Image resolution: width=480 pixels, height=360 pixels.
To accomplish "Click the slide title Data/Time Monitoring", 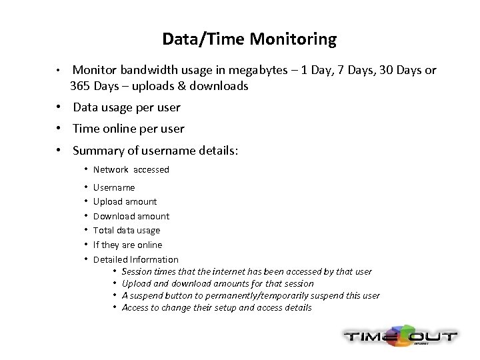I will click(x=249, y=39).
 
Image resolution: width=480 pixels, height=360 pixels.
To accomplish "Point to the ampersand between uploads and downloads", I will click(x=181, y=86).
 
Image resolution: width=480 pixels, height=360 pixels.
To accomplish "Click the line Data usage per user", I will click(x=126, y=107).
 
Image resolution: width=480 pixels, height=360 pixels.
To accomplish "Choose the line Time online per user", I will click(x=128, y=129).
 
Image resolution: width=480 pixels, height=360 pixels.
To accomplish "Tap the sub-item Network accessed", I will click(x=131, y=169).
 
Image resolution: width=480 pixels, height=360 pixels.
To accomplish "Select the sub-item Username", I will click(x=113, y=187).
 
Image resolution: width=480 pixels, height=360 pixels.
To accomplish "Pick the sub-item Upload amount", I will click(x=125, y=201).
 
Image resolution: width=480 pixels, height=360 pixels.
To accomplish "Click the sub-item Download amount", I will click(x=131, y=216).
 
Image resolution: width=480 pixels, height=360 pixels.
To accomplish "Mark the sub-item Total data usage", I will click(x=126, y=230).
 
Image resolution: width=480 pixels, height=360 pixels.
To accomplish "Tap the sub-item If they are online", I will click(x=127, y=245).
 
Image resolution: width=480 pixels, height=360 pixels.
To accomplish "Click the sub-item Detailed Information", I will click(x=135, y=259).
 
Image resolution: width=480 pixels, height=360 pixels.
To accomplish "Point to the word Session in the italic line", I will click(x=137, y=272).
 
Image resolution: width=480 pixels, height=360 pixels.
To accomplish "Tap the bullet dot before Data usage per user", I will click(x=59, y=107).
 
